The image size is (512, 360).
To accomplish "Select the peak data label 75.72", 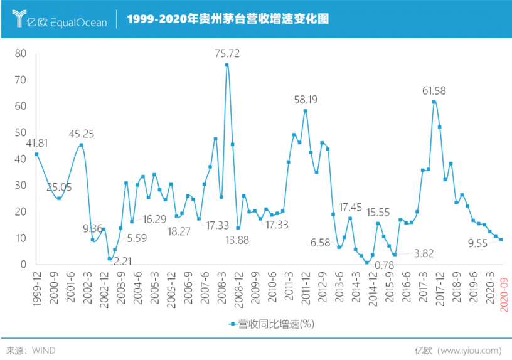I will coord(227,53).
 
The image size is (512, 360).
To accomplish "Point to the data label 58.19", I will coord(306,99).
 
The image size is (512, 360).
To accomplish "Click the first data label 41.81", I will coord(37,143).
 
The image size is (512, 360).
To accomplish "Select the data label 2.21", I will coord(122,259).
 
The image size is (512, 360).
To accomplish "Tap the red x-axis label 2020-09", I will coord(503,295).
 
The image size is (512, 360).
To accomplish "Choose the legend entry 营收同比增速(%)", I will coord(271,324).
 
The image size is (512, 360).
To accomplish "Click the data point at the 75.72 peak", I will coord(227,65).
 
